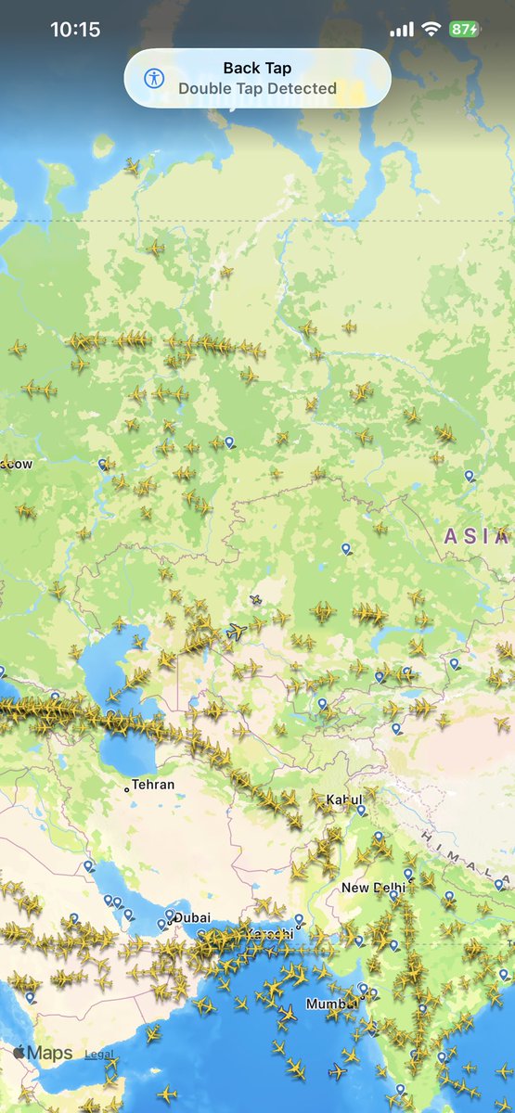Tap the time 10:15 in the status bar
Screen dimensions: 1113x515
(x=75, y=30)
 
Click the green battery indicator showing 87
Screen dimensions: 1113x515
(x=464, y=30)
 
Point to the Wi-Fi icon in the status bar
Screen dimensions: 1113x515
(x=431, y=30)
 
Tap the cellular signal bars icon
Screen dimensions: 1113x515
(x=402, y=30)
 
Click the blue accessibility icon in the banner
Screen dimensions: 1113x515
(x=155, y=78)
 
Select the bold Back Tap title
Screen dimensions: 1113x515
(x=257, y=68)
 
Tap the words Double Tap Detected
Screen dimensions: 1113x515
(x=257, y=89)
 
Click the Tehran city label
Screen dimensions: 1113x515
(x=153, y=785)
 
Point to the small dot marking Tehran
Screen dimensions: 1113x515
(x=127, y=789)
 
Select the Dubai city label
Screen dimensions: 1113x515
(x=192, y=917)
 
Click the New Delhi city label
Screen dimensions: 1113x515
(x=373, y=888)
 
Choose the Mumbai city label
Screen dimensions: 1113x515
(x=331, y=1004)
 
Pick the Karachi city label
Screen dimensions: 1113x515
(x=269, y=933)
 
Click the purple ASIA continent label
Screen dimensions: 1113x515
(x=473, y=535)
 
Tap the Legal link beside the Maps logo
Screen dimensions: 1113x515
(x=99, y=1055)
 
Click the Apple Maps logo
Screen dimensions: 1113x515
(x=42, y=1054)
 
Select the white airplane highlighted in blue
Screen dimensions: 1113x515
(x=238, y=632)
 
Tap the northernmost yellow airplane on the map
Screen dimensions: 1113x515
(x=133, y=167)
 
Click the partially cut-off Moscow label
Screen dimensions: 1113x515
(x=17, y=463)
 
